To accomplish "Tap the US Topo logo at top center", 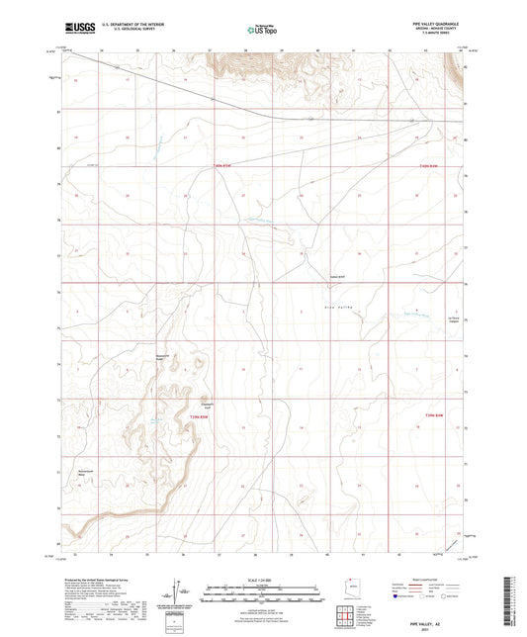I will tap(262, 30).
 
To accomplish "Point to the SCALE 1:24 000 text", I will tap(262, 580).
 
